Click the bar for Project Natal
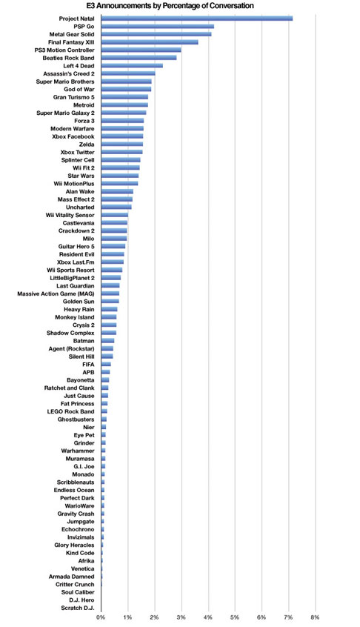[196, 19]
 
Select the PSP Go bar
[158, 27]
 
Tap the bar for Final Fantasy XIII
[150, 42]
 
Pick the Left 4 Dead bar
[132, 65]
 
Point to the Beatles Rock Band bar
[139, 58]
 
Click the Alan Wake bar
[117, 191]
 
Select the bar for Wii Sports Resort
[111, 270]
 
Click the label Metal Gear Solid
[72, 34]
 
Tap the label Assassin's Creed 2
[69, 73]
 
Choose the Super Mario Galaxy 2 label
[65, 113]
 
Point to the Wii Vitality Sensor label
[70, 215]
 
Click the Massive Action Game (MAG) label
[56, 294]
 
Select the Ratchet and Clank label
[70, 388]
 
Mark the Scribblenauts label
[76, 482]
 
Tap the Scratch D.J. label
[78, 608]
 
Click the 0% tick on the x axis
[101, 617]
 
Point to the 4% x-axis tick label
[208, 617]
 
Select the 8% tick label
[315, 617]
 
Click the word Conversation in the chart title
[230, 6]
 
